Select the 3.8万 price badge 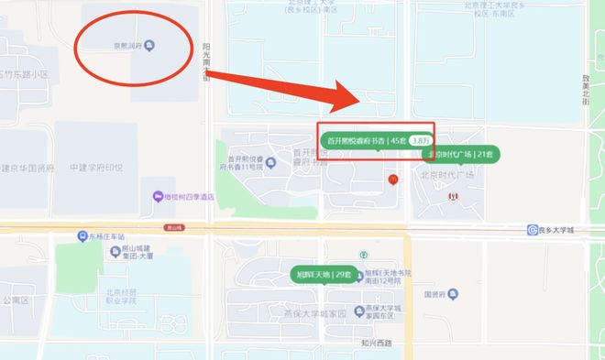(x=421, y=141)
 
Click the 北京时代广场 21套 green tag (x=450, y=154)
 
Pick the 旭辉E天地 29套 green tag (x=324, y=274)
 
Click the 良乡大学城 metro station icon (x=533, y=230)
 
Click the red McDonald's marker (x=392, y=179)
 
